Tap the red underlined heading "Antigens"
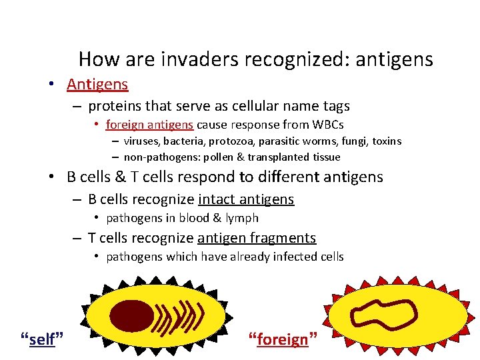coord(97,85)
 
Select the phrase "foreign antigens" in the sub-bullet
coord(149,124)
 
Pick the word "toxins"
coord(385,141)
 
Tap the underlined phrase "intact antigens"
coord(245,199)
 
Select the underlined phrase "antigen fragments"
coord(256,238)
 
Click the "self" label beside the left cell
coord(43,339)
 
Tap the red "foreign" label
coord(283,339)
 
